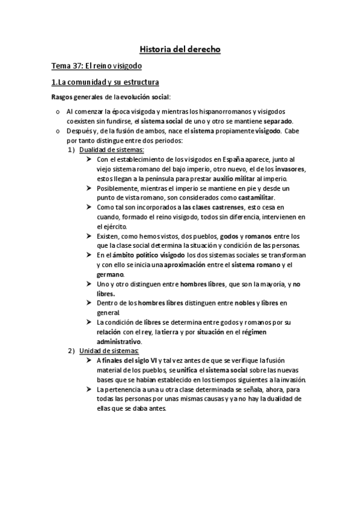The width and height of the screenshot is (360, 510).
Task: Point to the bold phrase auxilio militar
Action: click(233, 179)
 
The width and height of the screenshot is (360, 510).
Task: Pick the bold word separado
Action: click(275, 120)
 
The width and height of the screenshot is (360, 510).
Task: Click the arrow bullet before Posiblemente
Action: click(89, 188)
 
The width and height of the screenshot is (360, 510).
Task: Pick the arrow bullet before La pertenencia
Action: click(89, 389)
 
